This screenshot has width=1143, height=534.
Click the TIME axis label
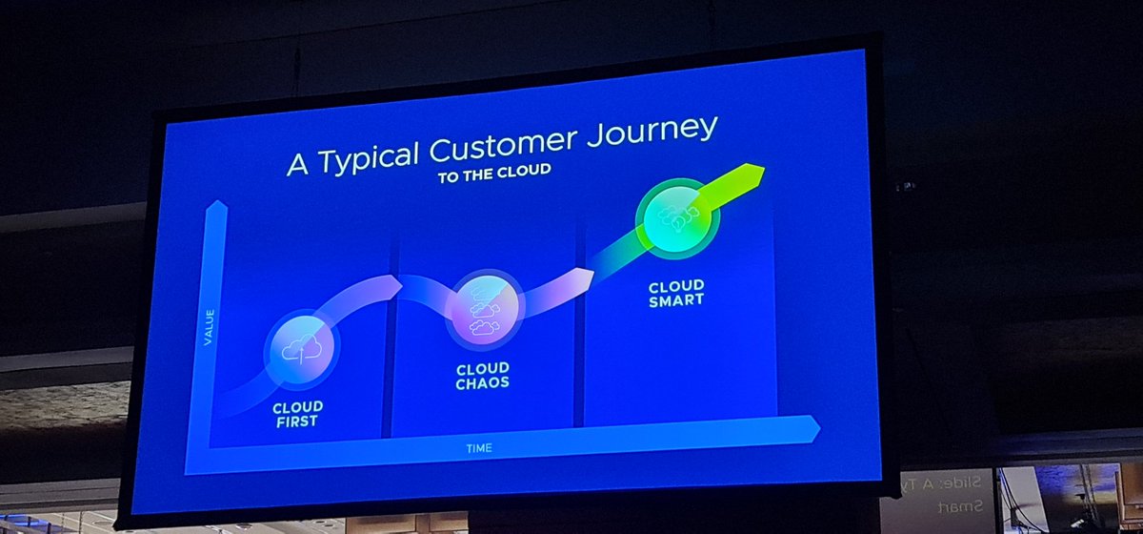pos(479,446)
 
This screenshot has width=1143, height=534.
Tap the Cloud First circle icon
pos(302,350)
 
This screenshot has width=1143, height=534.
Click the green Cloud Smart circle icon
pos(677,216)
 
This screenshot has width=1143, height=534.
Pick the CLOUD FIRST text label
pos(297,413)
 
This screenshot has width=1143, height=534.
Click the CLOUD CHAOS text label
pos(482,376)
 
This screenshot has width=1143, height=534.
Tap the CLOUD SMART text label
pos(676,293)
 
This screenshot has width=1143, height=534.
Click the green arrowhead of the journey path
pos(751,176)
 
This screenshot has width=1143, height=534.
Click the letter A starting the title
pos(298,163)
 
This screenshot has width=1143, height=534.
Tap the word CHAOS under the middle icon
pos(482,383)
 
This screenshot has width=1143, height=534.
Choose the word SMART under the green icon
pos(676,299)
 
